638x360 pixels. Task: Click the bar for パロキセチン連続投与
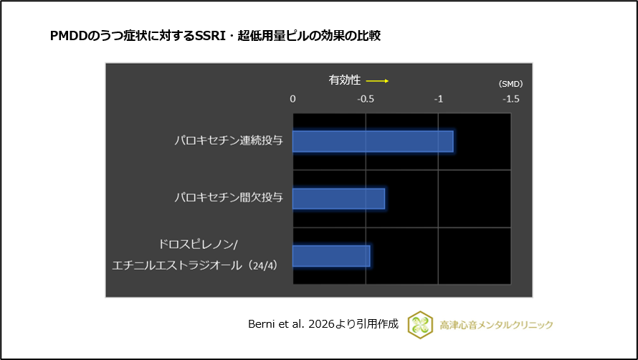coord(373,141)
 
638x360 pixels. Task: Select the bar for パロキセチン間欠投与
coord(338,199)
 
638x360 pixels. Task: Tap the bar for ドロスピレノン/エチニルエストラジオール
coord(331,256)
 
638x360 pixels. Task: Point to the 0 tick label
coord(292,98)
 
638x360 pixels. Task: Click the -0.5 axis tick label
coord(366,98)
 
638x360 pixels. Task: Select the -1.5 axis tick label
coord(510,98)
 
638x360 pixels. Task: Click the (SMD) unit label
coord(510,84)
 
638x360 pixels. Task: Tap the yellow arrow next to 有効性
coord(377,81)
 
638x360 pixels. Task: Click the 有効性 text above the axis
coord(345,80)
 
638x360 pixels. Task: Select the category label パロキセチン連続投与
coord(229,141)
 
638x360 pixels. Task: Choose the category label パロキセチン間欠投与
coord(229,197)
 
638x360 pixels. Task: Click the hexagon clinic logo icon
coord(420,324)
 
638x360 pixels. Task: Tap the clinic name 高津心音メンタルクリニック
coord(496,325)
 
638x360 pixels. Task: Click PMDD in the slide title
coord(70,36)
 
